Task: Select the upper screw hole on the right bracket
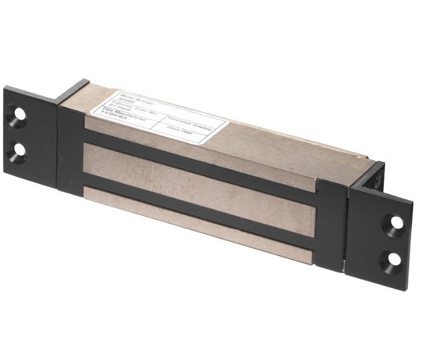pos(397,223)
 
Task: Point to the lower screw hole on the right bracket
pos(395,258)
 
